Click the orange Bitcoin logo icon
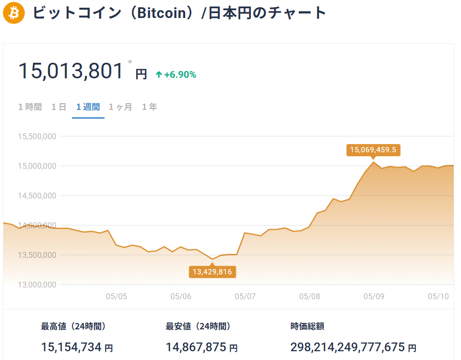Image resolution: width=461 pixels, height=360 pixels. tap(14, 13)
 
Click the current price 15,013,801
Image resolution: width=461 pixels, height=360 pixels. tap(71, 71)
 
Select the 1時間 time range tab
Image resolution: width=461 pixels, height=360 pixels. tap(30, 107)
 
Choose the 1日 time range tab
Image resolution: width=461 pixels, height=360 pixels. tap(59, 107)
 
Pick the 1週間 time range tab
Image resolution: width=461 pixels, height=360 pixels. tap(88, 107)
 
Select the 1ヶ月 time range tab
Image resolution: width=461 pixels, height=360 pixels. tap(120, 107)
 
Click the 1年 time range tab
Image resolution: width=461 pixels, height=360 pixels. tap(149, 107)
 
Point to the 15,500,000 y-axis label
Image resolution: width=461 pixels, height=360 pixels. tap(37, 136)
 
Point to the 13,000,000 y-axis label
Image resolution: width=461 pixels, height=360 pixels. tap(37, 285)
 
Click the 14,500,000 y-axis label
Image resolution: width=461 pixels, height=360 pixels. tap(37, 196)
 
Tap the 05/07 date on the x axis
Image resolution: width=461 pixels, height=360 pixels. tap(245, 296)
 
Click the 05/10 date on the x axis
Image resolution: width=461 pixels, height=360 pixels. tap(438, 296)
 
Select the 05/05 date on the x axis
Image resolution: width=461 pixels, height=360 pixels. tap(116, 296)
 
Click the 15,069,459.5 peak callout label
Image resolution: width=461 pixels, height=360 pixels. tap(373, 150)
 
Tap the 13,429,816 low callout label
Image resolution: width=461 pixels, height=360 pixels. tap(212, 272)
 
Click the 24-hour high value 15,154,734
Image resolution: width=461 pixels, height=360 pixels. tap(71, 347)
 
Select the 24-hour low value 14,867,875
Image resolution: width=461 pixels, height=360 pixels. tap(196, 347)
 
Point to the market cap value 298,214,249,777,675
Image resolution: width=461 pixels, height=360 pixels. tap(348, 347)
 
